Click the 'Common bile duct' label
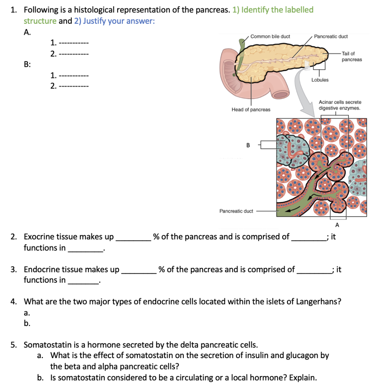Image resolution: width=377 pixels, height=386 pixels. click(270, 37)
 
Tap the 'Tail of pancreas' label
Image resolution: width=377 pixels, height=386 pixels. click(351, 57)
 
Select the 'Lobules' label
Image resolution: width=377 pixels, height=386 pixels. click(320, 80)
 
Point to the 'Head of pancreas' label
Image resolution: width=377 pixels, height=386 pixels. click(251, 109)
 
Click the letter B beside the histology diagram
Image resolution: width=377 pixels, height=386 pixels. click(248, 145)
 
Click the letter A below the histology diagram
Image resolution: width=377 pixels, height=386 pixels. click(337, 225)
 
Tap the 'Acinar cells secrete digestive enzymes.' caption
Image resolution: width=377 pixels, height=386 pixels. click(340, 105)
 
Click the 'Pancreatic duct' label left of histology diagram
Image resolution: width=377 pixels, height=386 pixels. click(236, 211)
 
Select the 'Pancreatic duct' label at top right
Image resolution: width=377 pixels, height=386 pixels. click(331, 37)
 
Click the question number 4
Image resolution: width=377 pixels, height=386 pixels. click(14, 302)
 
